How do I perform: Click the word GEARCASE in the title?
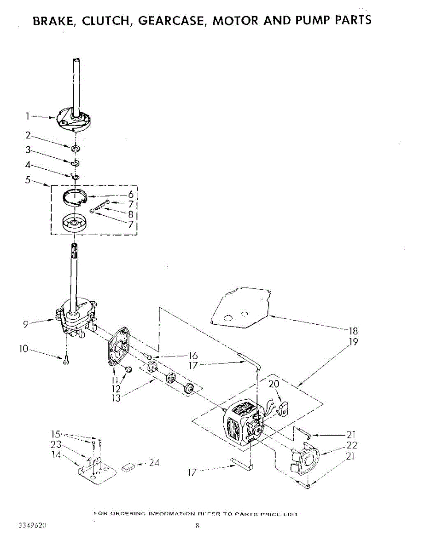coord(173,20)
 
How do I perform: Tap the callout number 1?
coord(28,117)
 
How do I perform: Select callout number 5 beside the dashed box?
coord(28,180)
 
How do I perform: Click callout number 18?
coord(353,331)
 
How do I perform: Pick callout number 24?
coord(154,463)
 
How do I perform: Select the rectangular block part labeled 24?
coord(128,467)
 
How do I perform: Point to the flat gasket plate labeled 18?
coord(239,307)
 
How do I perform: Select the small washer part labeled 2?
coord(76,149)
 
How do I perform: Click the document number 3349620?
coord(33,525)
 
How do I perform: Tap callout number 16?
coord(192,356)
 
